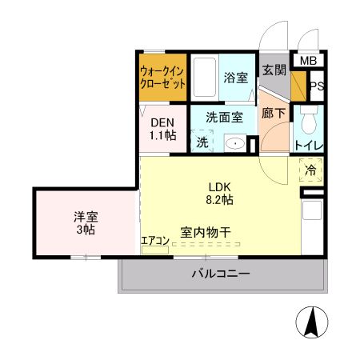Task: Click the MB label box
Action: pyautogui.click(x=308, y=61)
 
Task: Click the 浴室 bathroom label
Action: pyautogui.click(x=235, y=78)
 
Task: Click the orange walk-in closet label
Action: pyautogui.click(x=163, y=76)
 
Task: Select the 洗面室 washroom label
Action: pyautogui.click(x=223, y=116)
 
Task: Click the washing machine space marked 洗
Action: pyautogui.click(x=202, y=142)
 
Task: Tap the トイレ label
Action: pyautogui.click(x=309, y=146)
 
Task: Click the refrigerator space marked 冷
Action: pyautogui.click(x=312, y=170)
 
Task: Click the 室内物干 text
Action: pyautogui.click(x=205, y=232)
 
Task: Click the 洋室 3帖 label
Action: pyautogui.click(x=85, y=222)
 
